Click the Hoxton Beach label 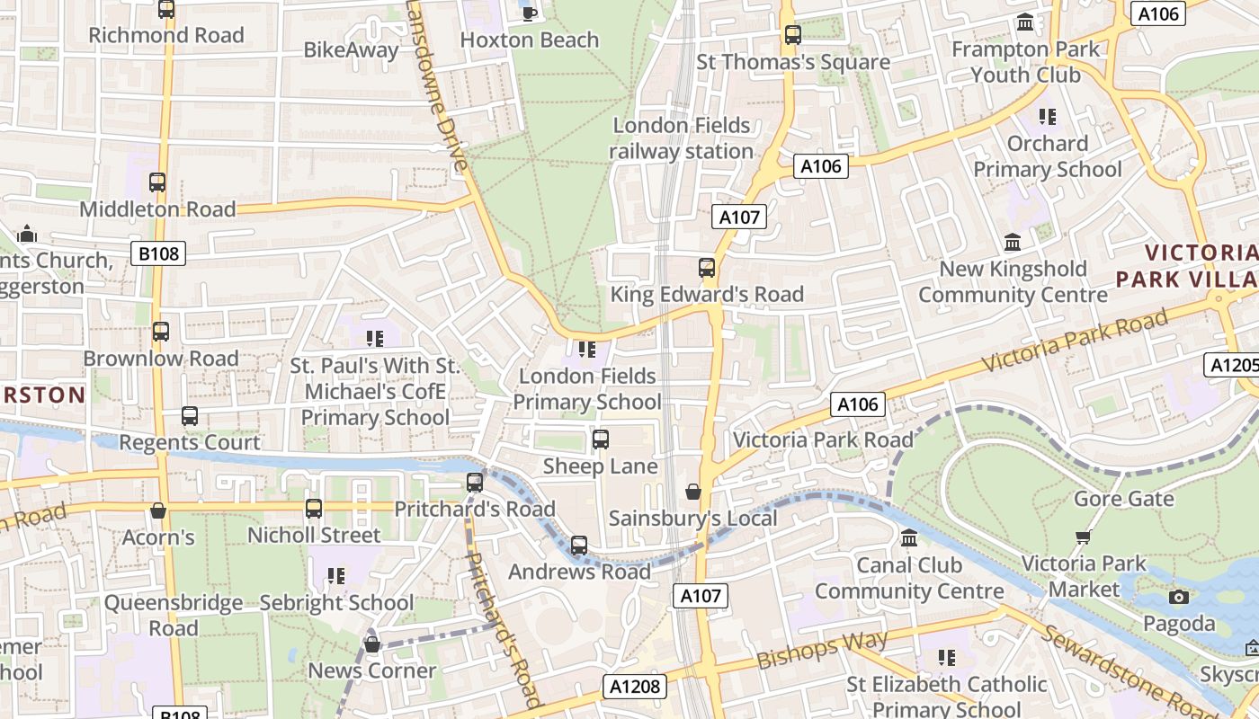tap(529, 40)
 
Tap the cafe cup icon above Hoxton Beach tap(529, 13)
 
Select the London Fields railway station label tap(682, 138)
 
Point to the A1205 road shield tap(1230, 365)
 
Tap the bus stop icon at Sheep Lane tap(601, 439)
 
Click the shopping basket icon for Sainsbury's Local tap(693, 492)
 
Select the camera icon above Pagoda tap(1178, 597)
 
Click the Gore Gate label tap(1124, 499)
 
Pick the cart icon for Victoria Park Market tap(1083, 537)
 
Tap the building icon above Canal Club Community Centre tap(909, 538)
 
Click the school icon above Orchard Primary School tap(1047, 116)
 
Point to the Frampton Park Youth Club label tap(1025, 61)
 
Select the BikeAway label tap(351, 50)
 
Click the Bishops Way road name tap(822, 650)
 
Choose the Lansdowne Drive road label tap(438, 85)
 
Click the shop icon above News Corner tap(372, 644)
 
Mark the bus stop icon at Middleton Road tap(157, 182)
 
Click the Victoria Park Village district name tap(1187, 265)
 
